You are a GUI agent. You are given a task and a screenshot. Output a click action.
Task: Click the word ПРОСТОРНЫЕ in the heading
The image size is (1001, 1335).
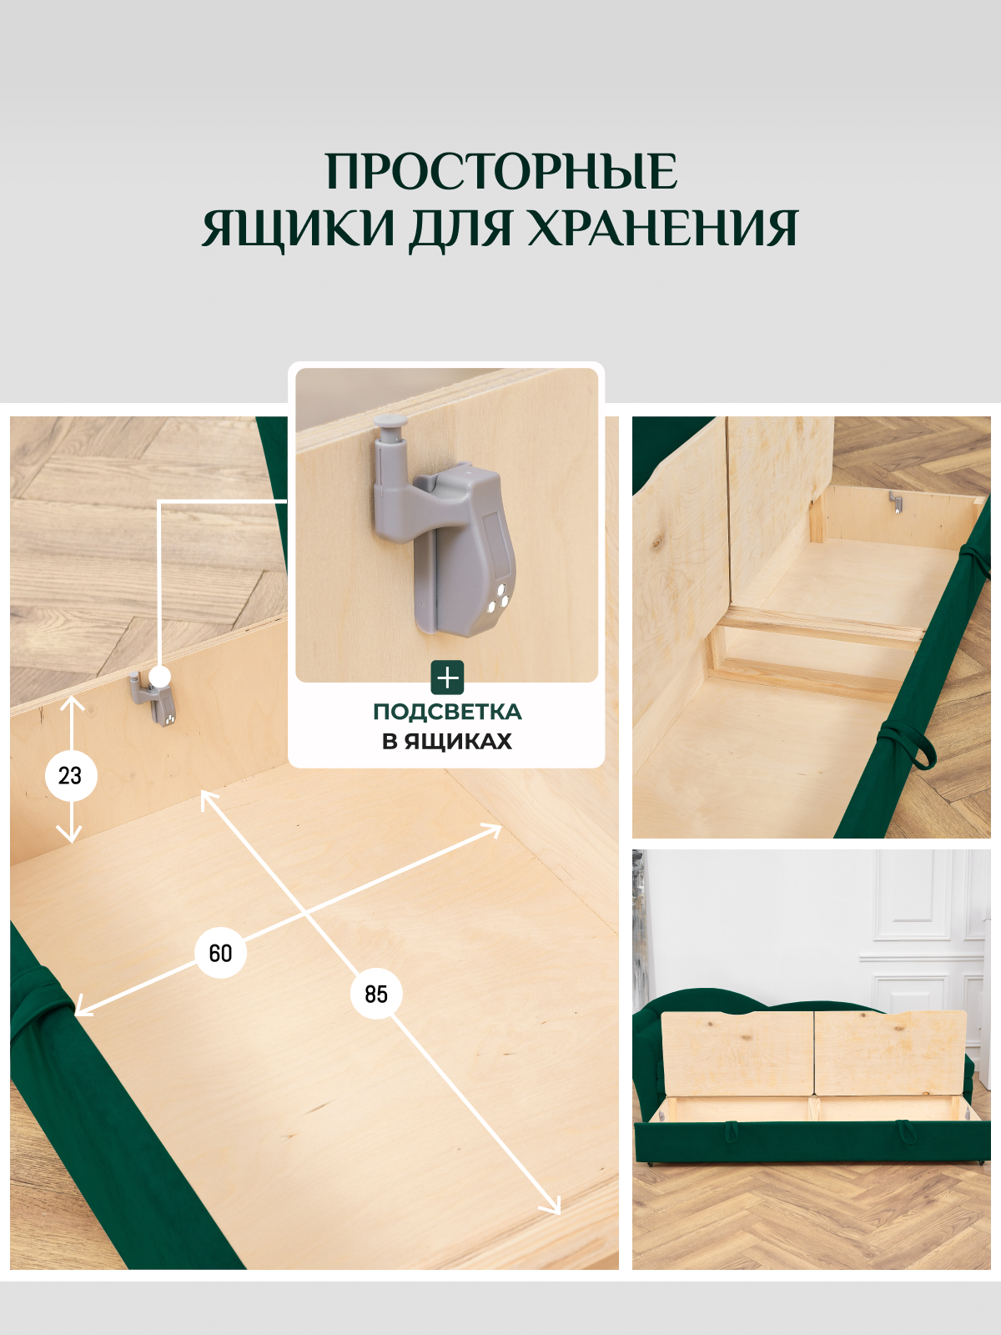pyautogui.click(x=500, y=172)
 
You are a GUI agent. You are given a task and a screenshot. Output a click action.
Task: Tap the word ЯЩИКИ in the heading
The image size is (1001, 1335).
pyautogui.click(x=298, y=228)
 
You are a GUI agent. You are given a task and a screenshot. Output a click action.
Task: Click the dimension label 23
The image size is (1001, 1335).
pyautogui.click(x=71, y=776)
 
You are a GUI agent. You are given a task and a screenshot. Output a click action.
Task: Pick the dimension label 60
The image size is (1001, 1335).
pyautogui.click(x=220, y=953)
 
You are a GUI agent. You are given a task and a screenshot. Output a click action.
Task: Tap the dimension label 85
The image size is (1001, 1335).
pyautogui.click(x=376, y=994)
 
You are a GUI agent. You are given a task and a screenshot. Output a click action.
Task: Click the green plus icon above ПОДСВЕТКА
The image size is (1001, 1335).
pyautogui.click(x=447, y=678)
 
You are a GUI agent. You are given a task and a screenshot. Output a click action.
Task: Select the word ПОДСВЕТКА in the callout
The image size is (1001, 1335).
pyautogui.click(x=447, y=712)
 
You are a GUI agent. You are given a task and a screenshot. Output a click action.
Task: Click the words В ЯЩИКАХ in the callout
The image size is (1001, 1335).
pyautogui.click(x=447, y=741)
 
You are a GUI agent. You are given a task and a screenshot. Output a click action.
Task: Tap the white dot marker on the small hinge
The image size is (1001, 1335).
pyautogui.click(x=160, y=677)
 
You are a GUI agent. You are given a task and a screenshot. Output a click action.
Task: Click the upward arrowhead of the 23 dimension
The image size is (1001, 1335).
pyautogui.click(x=73, y=703)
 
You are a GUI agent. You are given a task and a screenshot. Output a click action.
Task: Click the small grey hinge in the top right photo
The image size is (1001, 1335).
pyautogui.click(x=895, y=501)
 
